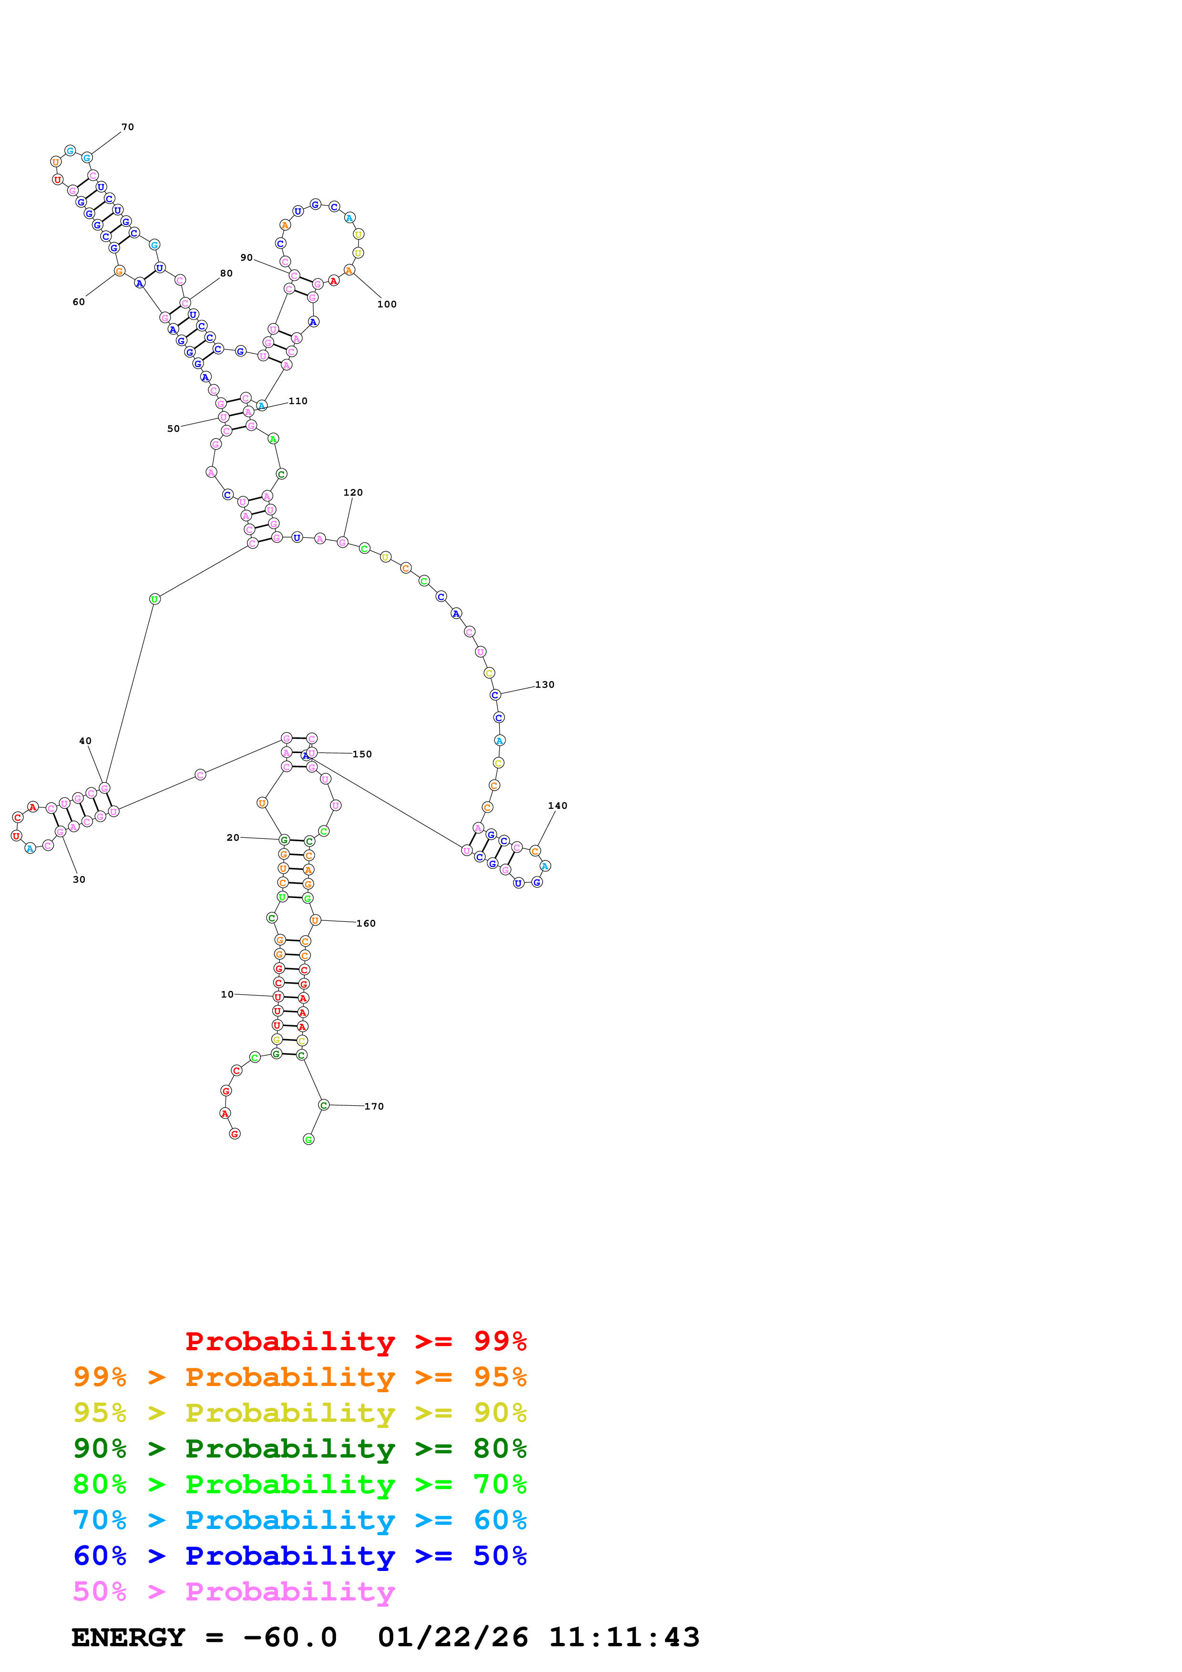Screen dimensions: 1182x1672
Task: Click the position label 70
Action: [x=127, y=127]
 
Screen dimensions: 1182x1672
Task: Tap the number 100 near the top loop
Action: [x=387, y=305]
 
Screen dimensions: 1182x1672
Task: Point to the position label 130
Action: [x=545, y=684]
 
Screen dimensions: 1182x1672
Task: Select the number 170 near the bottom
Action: [x=374, y=1106]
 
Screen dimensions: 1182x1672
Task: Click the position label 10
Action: [x=227, y=994]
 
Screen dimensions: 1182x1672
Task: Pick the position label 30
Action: [x=79, y=880]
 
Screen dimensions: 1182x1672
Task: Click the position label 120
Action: [x=353, y=492]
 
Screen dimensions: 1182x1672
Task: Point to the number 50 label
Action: [x=174, y=429]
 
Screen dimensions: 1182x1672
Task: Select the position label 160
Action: [x=366, y=923]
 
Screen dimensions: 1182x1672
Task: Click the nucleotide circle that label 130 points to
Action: [x=495, y=695]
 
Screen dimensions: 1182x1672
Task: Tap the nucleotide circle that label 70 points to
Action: [x=87, y=157]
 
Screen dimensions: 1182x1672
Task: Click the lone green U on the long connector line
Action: [x=154, y=599]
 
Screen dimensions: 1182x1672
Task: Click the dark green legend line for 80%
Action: [x=299, y=1448]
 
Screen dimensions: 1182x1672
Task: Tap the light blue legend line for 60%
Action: [x=299, y=1520]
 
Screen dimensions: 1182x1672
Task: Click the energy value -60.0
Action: [x=290, y=1637]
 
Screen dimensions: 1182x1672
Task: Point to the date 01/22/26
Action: [x=452, y=1637]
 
